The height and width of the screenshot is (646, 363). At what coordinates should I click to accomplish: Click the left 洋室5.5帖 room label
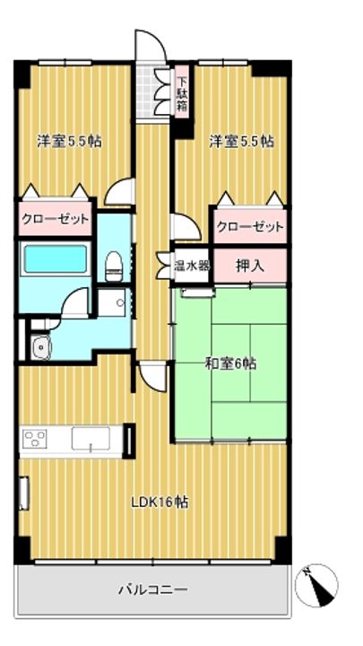pos(68,141)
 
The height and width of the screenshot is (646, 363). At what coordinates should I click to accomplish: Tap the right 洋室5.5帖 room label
pos(241,141)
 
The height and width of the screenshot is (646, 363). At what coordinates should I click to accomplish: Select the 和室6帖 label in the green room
pos(230,363)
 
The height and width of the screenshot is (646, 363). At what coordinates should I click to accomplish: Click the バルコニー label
pos(153,589)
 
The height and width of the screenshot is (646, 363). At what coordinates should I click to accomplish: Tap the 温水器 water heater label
pos(191,266)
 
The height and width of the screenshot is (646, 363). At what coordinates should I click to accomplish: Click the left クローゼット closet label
pos(56,218)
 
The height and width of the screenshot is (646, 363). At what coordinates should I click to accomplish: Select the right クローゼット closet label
pos(250,226)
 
